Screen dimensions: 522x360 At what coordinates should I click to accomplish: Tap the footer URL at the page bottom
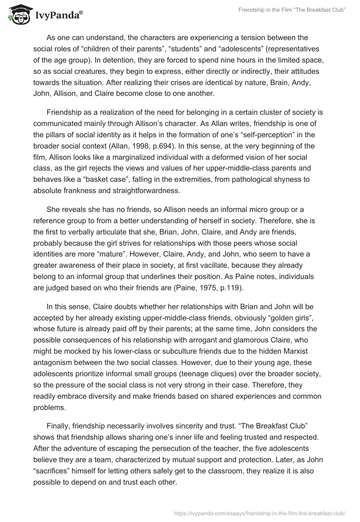259,509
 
